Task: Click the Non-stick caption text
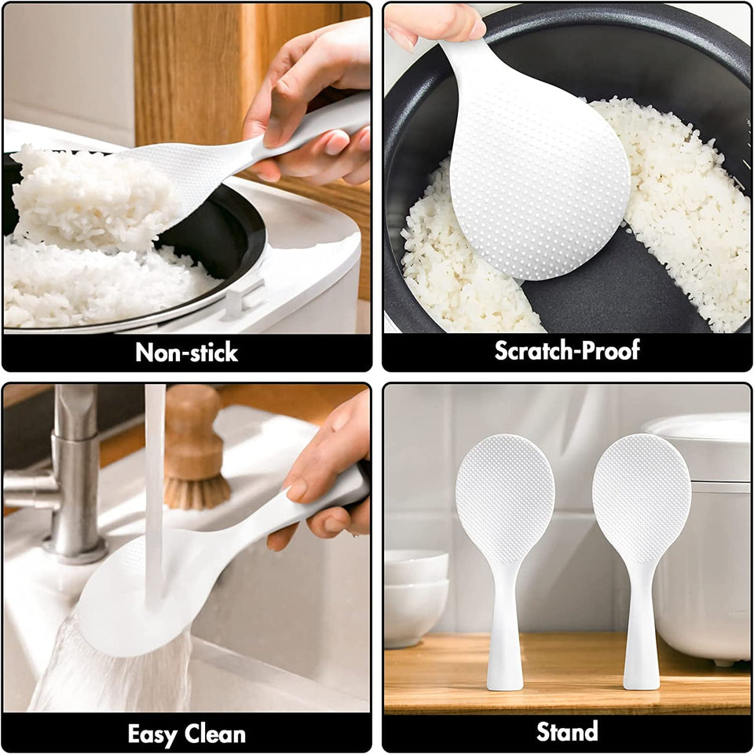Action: [x=186, y=353]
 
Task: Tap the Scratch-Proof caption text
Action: [x=566, y=350]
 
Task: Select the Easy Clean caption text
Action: [x=186, y=734]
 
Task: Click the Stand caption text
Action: [x=567, y=732]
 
